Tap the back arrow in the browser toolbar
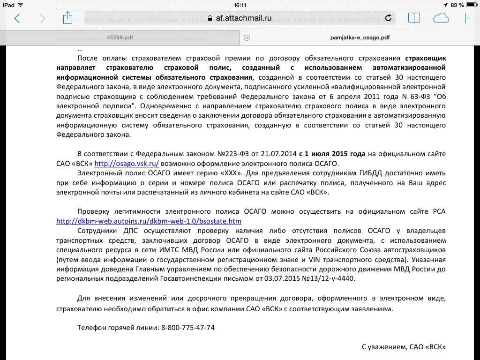[x=17, y=19]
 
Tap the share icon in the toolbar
[x=68, y=18]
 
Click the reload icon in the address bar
[x=388, y=18]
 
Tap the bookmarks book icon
[x=414, y=18]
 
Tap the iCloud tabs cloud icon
[x=441, y=18]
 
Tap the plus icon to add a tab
[x=465, y=18]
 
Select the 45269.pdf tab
[x=120, y=37]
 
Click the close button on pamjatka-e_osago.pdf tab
[x=247, y=37]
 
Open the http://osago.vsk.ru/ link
[x=127, y=164]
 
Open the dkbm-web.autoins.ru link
[x=149, y=221]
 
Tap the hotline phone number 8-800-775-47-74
[x=187, y=328]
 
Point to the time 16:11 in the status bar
[x=240, y=5]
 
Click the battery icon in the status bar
[x=471, y=5]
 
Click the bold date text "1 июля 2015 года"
[x=335, y=154]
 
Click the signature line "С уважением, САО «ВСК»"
[x=403, y=347]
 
